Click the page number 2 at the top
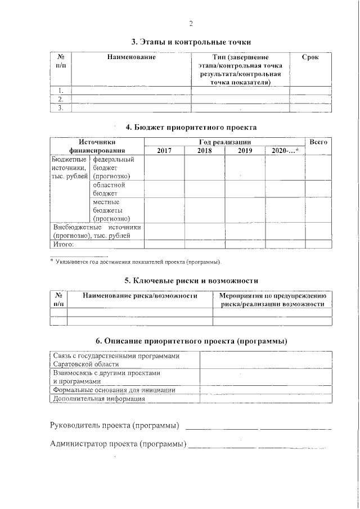click(x=191, y=24)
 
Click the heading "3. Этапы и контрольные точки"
click(x=191, y=42)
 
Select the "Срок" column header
click(x=310, y=57)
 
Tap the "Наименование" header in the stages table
click(x=131, y=57)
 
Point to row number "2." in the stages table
click(x=61, y=99)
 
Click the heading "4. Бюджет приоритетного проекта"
click(x=191, y=127)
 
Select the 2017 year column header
click(x=164, y=151)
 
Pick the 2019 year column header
click(x=245, y=151)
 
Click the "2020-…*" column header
click(x=285, y=151)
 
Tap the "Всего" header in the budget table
click(x=318, y=143)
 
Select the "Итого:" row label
click(x=64, y=244)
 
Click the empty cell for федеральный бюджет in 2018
click(x=205, y=168)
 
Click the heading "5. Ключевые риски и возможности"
click(x=191, y=280)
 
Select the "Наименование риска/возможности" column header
click(x=140, y=296)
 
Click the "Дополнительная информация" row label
click(x=99, y=398)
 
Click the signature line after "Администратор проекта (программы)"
click(x=259, y=448)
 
